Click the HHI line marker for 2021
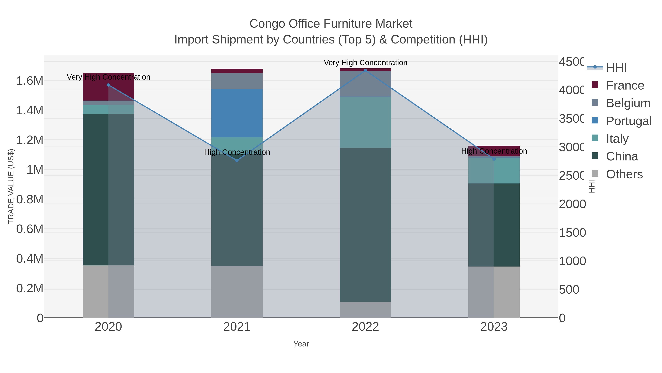click(237, 160)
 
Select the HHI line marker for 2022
click(365, 70)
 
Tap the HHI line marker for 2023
click(494, 159)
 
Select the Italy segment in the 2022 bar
click(365, 122)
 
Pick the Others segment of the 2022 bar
click(365, 310)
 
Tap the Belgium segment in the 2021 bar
click(237, 81)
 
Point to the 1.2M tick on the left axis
click(30, 140)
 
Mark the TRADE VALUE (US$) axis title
click(11, 186)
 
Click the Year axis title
click(301, 344)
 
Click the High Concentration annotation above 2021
click(237, 152)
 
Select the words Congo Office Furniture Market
click(331, 24)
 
